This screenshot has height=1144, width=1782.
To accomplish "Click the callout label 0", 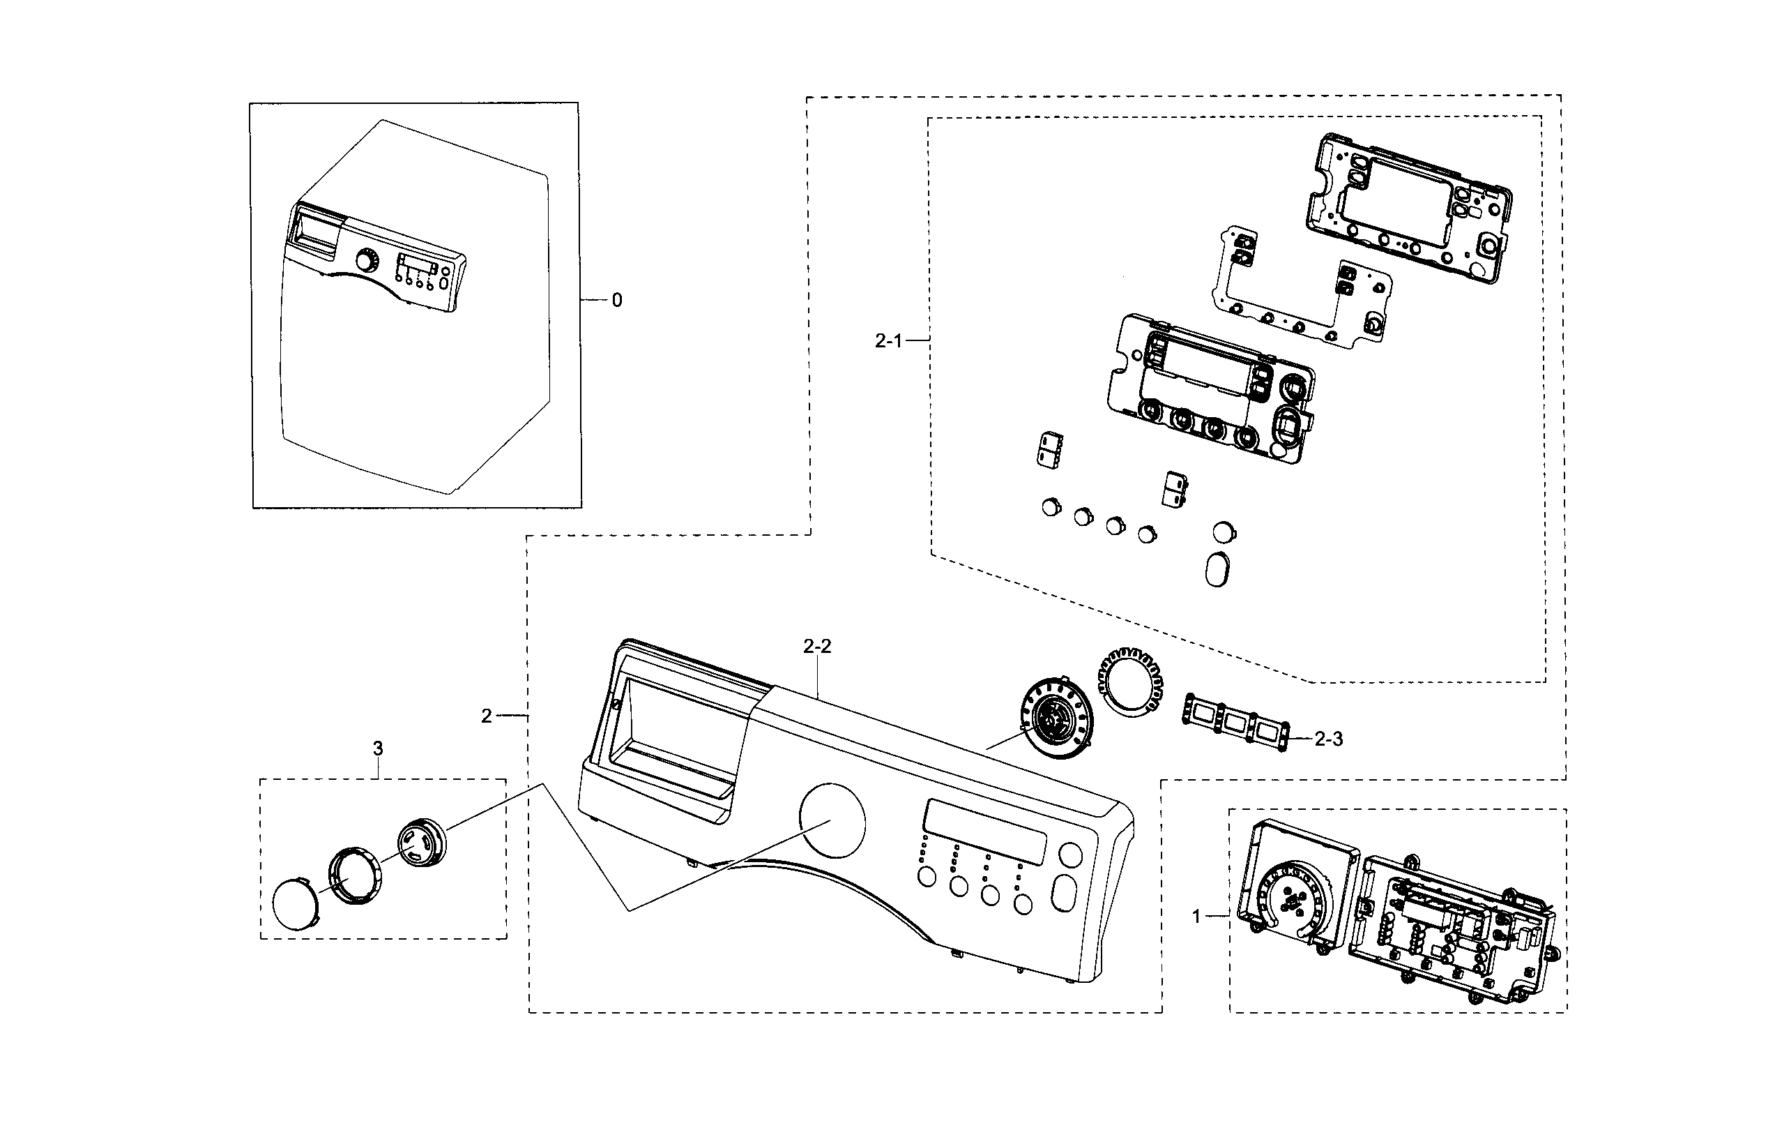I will (x=616, y=301).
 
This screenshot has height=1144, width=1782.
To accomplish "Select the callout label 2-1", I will (x=888, y=341).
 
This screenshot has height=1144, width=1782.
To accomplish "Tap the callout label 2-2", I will (x=817, y=646).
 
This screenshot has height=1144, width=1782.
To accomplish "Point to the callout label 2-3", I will (x=1328, y=739).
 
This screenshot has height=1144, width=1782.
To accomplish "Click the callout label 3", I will (x=378, y=748).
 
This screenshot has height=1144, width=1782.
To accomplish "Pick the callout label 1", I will (x=1196, y=917).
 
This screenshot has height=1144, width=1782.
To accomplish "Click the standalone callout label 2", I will (x=487, y=716).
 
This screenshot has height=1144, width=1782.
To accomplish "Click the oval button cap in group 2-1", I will (x=1216, y=569).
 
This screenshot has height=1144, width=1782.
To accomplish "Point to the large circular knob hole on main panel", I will (x=832, y=816).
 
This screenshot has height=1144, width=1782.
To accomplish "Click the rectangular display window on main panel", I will (x=984, y=832).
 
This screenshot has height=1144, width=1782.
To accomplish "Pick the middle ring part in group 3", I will (x=356, y=875).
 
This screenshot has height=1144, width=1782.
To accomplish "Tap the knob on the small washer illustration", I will (x=366, y=262).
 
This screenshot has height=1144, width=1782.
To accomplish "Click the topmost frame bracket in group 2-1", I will (x=1408, y=208).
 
